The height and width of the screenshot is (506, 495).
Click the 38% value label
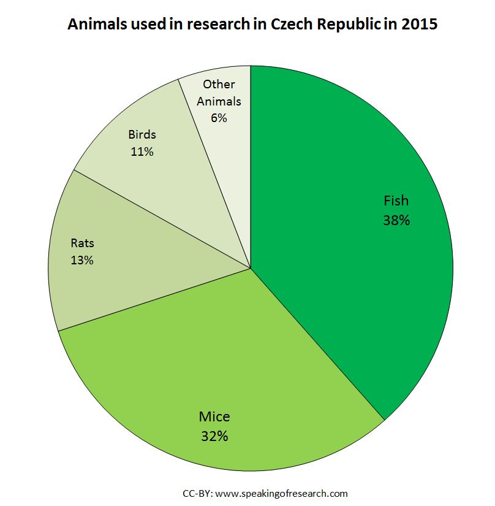pyautogui.click(x=396, y=220)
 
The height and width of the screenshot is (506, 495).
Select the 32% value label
pyautogui.click(x=214, y=436)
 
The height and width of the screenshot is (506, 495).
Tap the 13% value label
pyautogui.click(x=81, y=260)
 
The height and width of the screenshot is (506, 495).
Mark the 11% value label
pyautogui.click(x=142, y=150)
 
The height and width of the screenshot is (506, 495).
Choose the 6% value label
pyautogui.click(x=219, y=118)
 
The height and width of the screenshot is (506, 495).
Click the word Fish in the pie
pyautogui.click(x=396, y=201)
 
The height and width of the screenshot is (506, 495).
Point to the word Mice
pyautogui.click(x=214, y=417)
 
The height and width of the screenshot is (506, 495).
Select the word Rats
pyautogui.click(x=82, y=243)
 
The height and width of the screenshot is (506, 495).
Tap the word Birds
pyautogui.click(x=142, y=134)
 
